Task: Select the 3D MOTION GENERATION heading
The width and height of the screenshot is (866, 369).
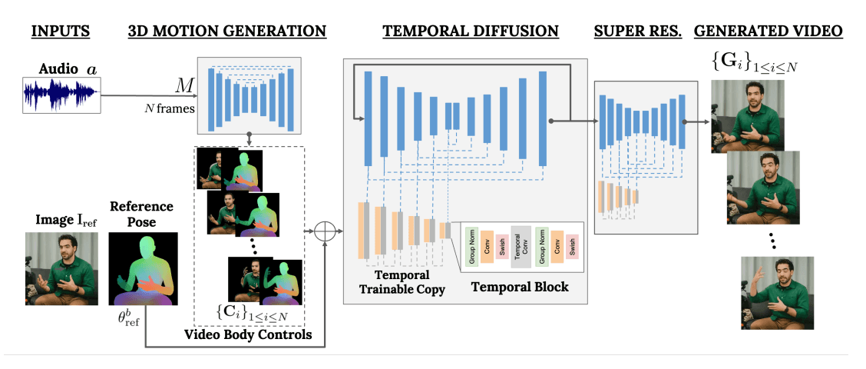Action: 226,32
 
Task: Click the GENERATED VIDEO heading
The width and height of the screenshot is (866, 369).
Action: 768,32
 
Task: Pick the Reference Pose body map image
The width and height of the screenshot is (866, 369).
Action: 143,267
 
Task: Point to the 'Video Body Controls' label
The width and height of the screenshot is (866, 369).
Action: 249,334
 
